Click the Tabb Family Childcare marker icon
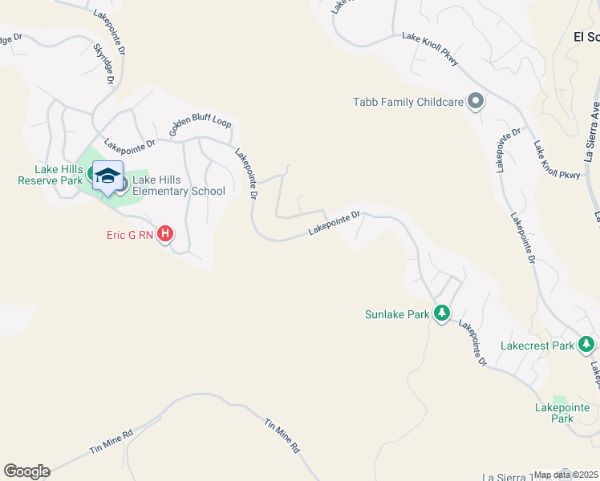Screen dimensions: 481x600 (475, 102)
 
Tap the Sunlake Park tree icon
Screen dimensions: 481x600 (441, 313)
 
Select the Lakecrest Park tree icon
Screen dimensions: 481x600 (586, 345)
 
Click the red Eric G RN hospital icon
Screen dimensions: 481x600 (164, 234)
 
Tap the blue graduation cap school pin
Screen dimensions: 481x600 (107, 176)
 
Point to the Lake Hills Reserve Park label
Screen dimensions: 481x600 (50, 175)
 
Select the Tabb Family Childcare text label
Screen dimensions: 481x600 (409, 102)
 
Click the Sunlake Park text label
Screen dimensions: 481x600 (397, 314)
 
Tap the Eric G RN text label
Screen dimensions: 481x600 (128, 235)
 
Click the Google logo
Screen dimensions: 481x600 (26, 471)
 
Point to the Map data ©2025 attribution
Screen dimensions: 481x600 (566, 475)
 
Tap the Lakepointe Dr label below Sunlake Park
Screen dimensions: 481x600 (473, 344)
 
